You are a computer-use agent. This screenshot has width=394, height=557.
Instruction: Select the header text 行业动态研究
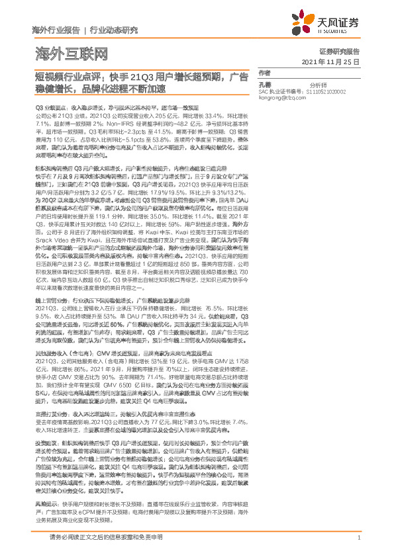pyautogui.click(x=113, y=30)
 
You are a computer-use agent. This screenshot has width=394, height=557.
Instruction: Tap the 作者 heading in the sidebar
pyautogui.click(x=264, y=73)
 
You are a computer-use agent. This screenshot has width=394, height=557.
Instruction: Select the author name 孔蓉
pyautogui.click(x=265, y=85)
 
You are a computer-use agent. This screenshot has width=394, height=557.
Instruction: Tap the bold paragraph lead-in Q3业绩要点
pyautogui.click(x=50, y=107)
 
